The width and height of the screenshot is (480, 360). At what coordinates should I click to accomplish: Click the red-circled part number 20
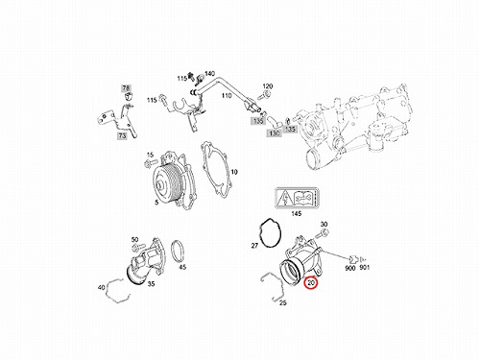pyautogui.click(x=311, y=283)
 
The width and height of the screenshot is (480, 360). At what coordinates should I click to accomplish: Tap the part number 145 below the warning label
pyautogui.click(x=297, y=213)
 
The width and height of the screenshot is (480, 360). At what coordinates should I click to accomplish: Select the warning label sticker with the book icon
pyautogui.click(x=298, y=199)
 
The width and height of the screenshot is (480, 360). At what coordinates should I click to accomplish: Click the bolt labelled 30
pyautogui.click(x=323, y=233)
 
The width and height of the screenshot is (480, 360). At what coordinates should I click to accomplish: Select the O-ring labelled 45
pyautogui.click(x=178, y=251)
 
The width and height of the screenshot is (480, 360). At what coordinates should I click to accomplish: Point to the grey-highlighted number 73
pyautogui.click(x=122, y=136)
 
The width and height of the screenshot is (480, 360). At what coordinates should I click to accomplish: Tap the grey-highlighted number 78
pyautogui.click(x=126, y=88)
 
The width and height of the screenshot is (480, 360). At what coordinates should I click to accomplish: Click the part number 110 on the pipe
pyautogui.click(x=227, y=95)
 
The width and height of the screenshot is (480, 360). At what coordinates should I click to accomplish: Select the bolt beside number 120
pyautogui.click(x=265, y=94)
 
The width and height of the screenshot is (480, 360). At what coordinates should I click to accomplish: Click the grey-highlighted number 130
pyautogui.click(x=275, y=133)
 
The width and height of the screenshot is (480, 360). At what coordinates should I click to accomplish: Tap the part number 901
pyautogui.click(x=365, y=267)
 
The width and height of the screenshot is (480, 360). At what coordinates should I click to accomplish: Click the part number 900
pyautogui.click(x=350, y=268)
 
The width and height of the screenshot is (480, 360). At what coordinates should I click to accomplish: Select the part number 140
pyautogui.click(x=209, y=74)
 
